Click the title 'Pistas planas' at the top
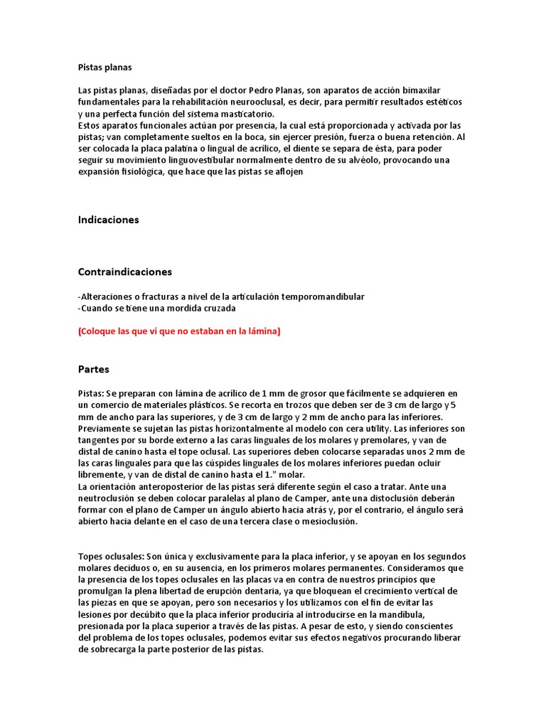[105, 68]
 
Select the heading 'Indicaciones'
[108, 220]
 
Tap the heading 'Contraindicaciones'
[124, 272]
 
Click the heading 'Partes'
[93, 370]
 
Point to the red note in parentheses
[179, 331]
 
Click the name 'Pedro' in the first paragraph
[264, 91]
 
